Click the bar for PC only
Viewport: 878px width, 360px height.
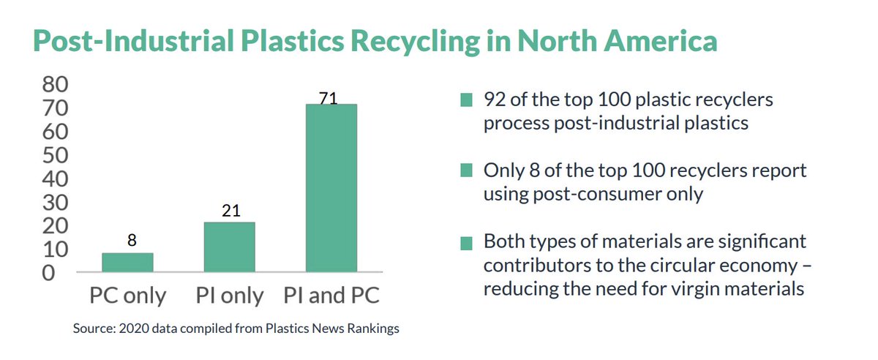coord(127,263)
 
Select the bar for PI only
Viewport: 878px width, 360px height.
coord(229,247)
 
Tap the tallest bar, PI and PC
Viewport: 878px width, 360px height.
coord(331,189)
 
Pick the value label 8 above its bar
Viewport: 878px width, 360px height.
coord(132,240)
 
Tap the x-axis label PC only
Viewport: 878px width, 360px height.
coord(128,296)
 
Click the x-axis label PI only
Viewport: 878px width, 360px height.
coord(230,296)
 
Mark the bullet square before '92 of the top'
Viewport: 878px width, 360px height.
coord(465,100)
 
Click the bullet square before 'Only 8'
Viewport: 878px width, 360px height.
coord(465,171)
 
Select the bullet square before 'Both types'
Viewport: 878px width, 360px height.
coord(465,243)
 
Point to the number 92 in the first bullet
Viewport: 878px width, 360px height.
coord(495,100)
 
